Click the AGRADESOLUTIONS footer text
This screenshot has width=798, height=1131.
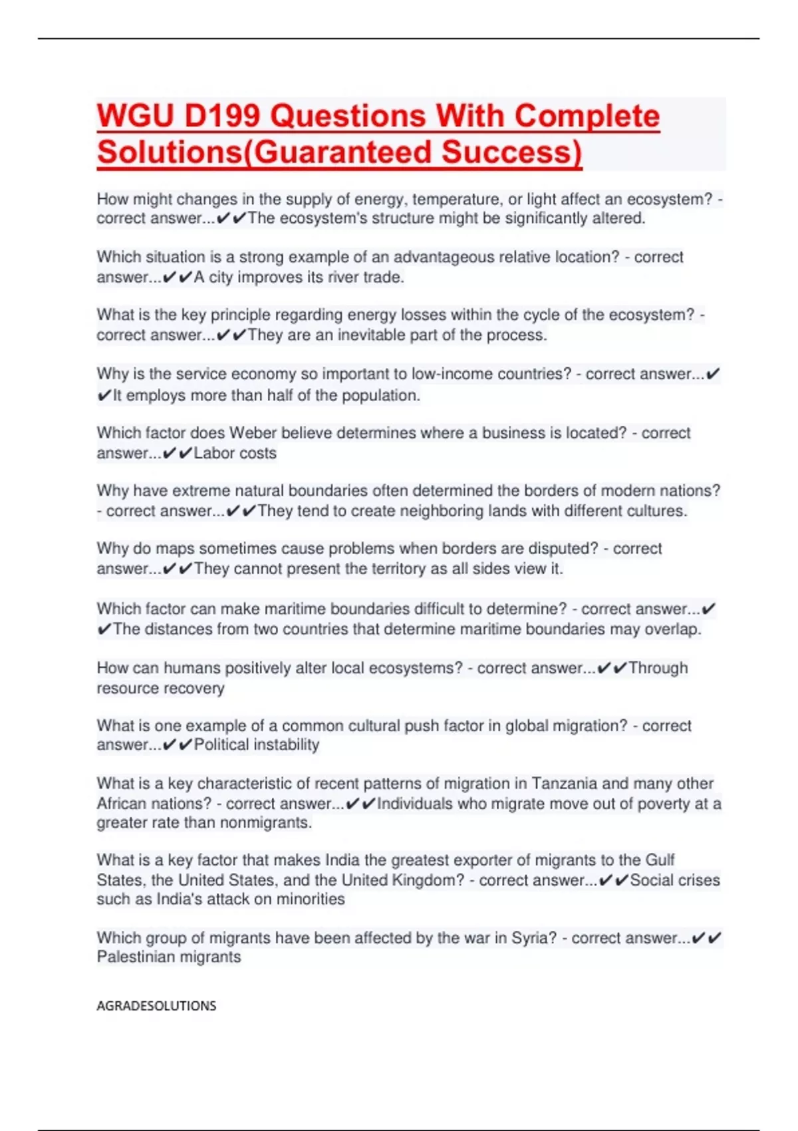click(x=156, y=1006)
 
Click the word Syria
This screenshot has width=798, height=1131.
click(x=534, y=938)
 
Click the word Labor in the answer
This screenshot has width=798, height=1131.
click(x=212, y=453)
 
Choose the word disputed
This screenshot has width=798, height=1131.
click(x=563, y=549)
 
